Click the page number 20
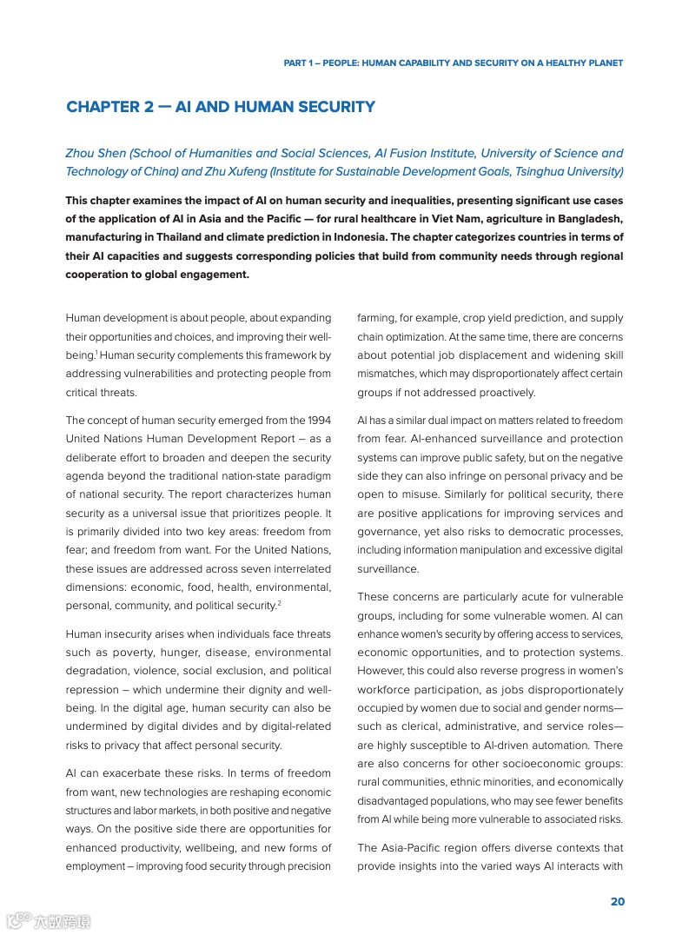click(x=617, y=902)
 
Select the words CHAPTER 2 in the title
click(x=109, y=108)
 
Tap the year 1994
click(x=316, y=421)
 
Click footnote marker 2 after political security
click(x=279, y=602)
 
